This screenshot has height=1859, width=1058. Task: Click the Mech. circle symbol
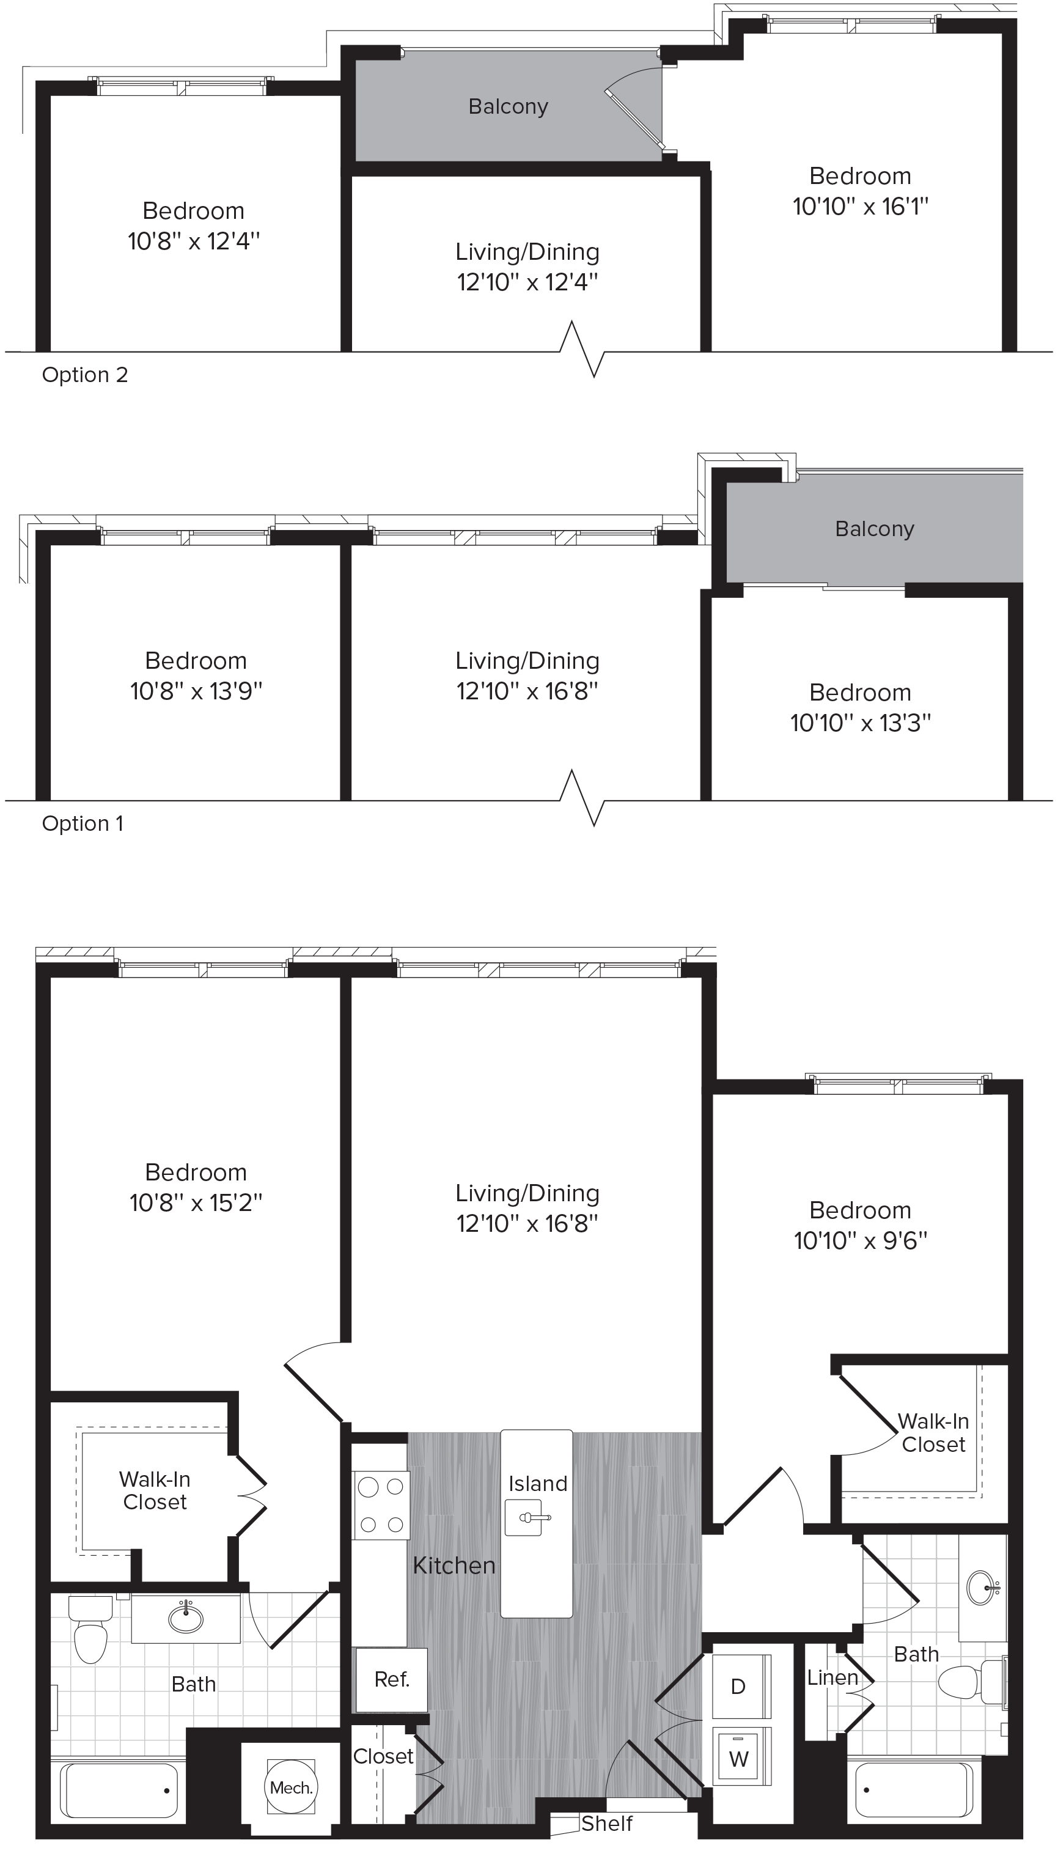(291, 1787)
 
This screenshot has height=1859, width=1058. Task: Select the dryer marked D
(739, 1686)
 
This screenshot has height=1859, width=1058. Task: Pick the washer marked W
(739, 1759)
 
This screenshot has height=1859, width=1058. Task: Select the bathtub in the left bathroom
(120, 1791)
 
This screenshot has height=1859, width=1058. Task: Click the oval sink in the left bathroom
(185, 1618)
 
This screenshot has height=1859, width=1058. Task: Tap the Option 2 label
(84, 375)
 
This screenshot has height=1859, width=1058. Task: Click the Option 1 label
(82, 823)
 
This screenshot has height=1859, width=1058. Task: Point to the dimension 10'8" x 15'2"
(196, 1202)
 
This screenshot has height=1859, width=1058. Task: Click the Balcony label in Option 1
(874, 529)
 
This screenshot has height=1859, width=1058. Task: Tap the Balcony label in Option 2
(508, 107)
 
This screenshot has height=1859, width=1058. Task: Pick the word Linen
(832, 1677)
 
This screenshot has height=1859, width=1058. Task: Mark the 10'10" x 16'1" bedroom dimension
(861, 207)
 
